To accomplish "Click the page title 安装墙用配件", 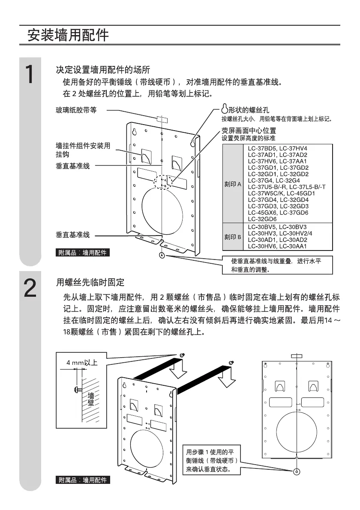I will coord(68,35).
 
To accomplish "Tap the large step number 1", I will coord(30,75).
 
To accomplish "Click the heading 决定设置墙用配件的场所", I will coord(103,70).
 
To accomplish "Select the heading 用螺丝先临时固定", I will coord(90,283).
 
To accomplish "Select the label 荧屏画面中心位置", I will coord(249,131).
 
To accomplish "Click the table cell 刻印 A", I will coord(234,184).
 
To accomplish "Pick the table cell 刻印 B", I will coord(234,237).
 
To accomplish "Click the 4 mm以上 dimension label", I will coord(82,363).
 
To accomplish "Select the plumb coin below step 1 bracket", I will coord(162,256).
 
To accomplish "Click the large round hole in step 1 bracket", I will coord(165,211).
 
